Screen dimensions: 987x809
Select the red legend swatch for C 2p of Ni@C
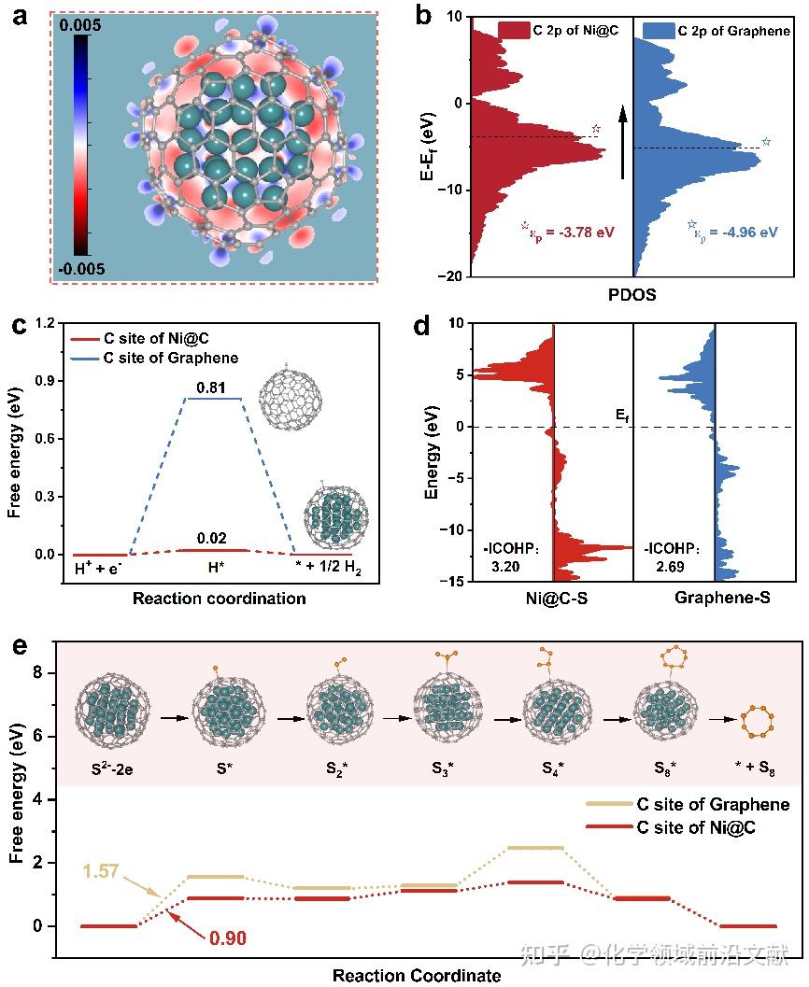pos(513,31)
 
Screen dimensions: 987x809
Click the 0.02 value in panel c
pos(218,539)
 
